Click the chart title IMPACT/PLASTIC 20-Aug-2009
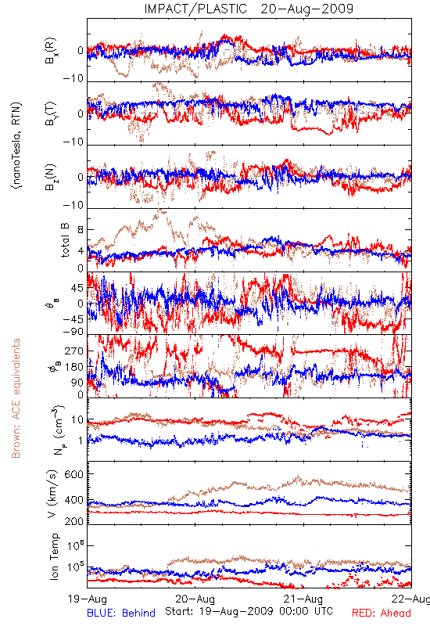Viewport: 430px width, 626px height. click(249, 9)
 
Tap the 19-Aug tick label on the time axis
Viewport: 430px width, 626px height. click(88, 599)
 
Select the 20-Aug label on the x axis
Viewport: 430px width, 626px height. click(195, 599)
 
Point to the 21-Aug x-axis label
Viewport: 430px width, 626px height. click(303, 599)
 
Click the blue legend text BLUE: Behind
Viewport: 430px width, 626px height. click(121, 613)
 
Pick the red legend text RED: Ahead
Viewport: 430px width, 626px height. click(382, 613)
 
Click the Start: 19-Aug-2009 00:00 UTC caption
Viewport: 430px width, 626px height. click(249, 611)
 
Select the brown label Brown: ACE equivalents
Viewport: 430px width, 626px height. click(16, 398)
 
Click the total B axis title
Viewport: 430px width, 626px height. click(65, 240)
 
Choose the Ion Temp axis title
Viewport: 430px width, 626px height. click(54, 556)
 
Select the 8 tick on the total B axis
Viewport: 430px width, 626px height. click(81, 230)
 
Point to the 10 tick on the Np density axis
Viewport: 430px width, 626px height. click(77, 420)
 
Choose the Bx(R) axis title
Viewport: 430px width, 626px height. click(51, 51)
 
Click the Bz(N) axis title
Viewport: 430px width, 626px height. click(51, 178)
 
